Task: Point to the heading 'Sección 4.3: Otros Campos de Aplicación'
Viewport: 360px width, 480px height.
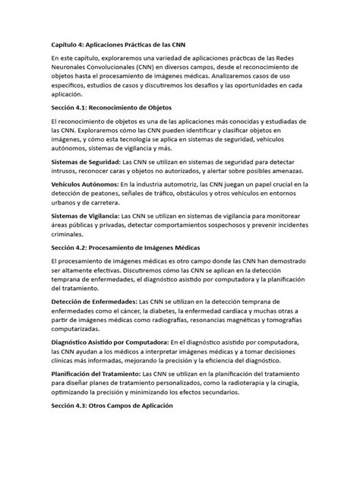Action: coord(113,406)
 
